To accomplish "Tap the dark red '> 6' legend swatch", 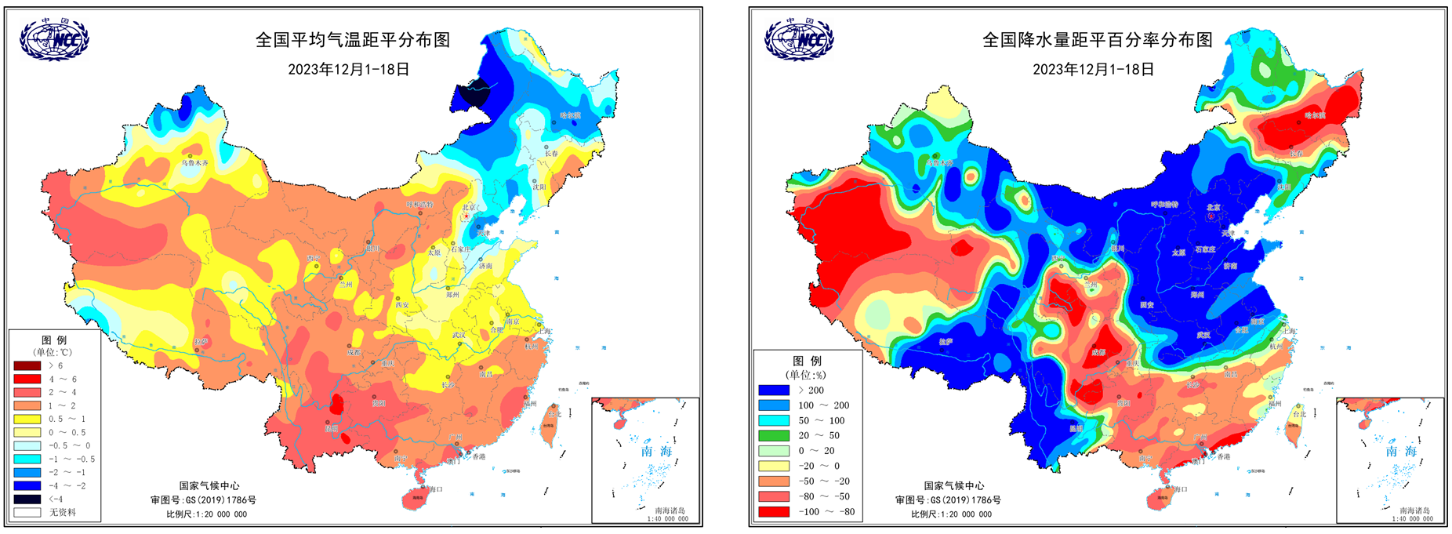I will (x=27, y=365).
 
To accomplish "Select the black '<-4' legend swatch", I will (x=27, y=499).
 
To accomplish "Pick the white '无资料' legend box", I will (x=27, y=512).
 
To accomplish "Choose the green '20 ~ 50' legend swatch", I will (x=773, y=435).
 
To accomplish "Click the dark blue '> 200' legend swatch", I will (x=773, y=390).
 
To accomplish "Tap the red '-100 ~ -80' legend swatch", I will (x=773, y=511).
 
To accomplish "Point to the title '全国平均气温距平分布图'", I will (x=353, y=40).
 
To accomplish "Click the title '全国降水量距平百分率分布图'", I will (x=1098, y=40).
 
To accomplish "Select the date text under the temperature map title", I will (x=349, y=69).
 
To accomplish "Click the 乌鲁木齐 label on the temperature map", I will (x=195, y=163).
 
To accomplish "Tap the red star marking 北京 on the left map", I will (x=467, y=215).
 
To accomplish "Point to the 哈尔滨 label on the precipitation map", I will (x=1315, y=116).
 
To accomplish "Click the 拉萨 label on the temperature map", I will (x=201, y=342).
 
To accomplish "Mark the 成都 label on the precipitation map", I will (x=1098, y=353).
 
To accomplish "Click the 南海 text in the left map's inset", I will (x=657, y=451).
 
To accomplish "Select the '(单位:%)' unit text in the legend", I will (x=808, y=375).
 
